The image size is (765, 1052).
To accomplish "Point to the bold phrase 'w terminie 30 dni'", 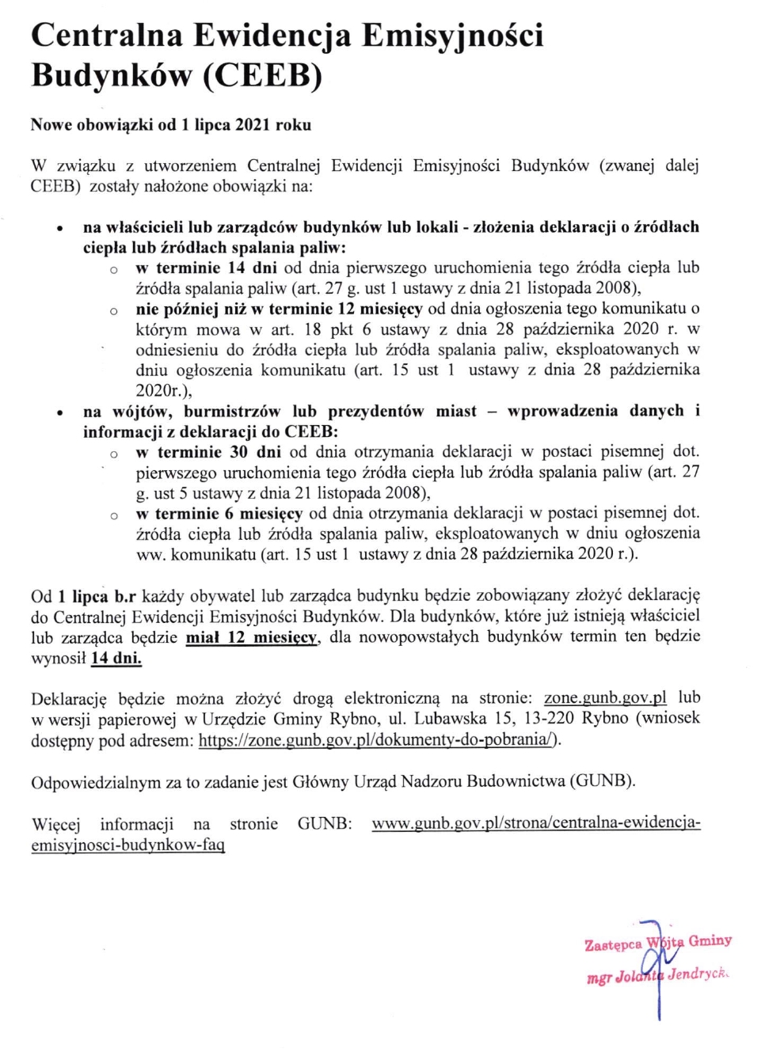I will pyautogui.click(x=208, y=452).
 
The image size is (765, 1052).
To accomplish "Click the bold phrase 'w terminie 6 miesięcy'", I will pyautogui.click(x=219, y=513).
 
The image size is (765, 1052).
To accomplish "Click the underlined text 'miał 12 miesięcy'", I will pyautogui.click(x=252, y=636).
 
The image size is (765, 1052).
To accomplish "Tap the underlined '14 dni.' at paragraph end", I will pyautogui.click(x=116, y=657).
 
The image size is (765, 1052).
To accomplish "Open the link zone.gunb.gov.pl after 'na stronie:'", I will pyautogui.click(x=605, y=698).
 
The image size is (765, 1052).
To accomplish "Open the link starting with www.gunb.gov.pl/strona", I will pyautogui.click(x=536, y=823).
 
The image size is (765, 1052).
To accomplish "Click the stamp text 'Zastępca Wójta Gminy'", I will pyautogui.click(x=657, y=943).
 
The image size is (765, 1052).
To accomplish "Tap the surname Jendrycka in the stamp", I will pyautogui.click(x=698, y=974).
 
